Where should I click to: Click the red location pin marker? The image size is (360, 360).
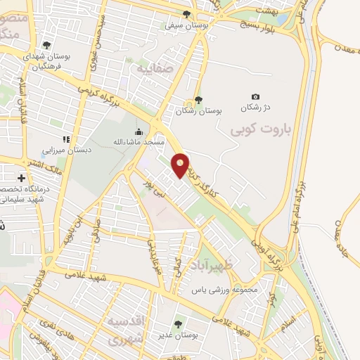click(181, 165)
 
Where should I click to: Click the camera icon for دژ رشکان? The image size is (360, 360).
click(255, 97)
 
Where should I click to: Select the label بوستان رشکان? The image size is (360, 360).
click(198, 111)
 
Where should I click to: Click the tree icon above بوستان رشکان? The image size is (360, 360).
click(198, 100)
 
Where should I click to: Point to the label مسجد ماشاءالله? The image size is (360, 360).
click(139, 142)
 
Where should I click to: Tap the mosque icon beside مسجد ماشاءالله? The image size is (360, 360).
click(139, 131)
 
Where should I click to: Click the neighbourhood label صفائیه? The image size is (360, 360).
click(153, 71)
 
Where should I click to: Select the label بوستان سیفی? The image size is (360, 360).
click(179, 25)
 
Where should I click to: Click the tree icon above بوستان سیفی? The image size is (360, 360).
click(186, 14)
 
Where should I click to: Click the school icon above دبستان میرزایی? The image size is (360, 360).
click(67, 139)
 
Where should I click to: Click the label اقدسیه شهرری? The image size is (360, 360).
click(128, 331)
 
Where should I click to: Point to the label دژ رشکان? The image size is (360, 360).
click(255, 109)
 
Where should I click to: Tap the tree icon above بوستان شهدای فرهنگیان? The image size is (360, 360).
click(46, 44)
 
